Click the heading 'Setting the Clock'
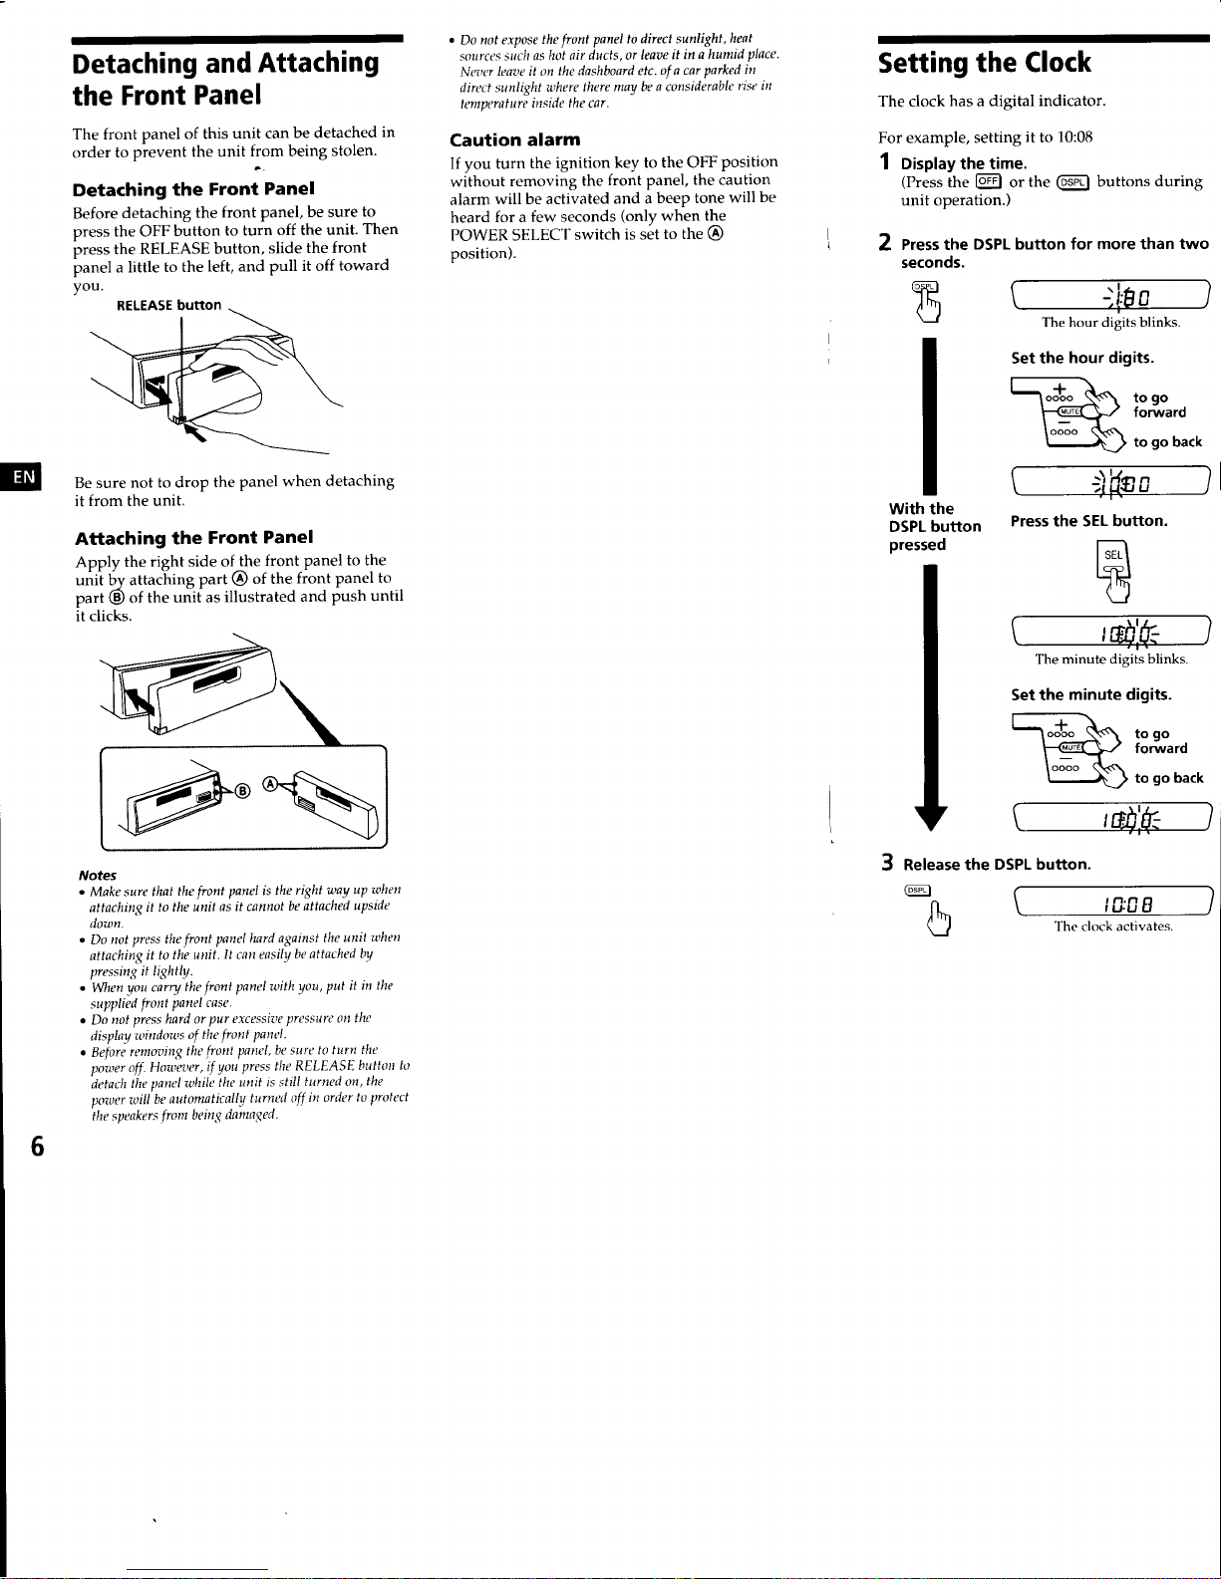pyautogui.click(x=984, y=63)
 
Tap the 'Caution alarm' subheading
pyautogui.click(x=514, y=139)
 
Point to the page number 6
pyautogui.click(x=37, y=1146)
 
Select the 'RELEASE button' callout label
pyautogui.click(x=168, y=305)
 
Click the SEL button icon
pyautogui.click(x=1112, y=560)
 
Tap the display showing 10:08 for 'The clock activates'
pyautogui.click(x=1113, y=902)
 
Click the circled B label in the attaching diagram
pyautogui.click(x=242, y=790)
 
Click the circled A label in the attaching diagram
pyautogui.click(x=270, y=784)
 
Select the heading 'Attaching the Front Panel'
pyautogui.click(x=194, y=538)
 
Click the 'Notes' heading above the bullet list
pyautogui.click(x=98, y=875)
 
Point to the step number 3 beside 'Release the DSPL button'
pyautogui.click(x=887, y=863)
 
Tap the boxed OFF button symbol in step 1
pyautogui.click(x=989, y=181)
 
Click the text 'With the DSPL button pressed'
pyautogui.click(x=935, y=527)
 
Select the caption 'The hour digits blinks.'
pyautogui.click(x=1110, y=322)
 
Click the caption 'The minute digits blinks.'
pyautogui.click(x=1111, y=659)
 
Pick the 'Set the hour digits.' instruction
pyautogui.click(x=1082, y=358)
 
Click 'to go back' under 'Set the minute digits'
pyautogui.click(x=1168, y=778)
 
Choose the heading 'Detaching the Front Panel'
pyautogui.click(x=193, y=189)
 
